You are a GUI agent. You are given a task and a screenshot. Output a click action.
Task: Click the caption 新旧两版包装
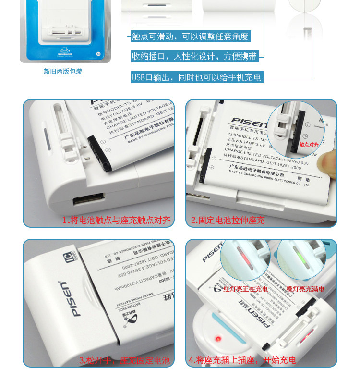point(63,72)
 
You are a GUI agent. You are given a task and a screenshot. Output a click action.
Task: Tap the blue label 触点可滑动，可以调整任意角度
point(191,37)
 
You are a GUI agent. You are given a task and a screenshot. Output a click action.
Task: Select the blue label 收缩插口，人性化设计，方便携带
point(194,57)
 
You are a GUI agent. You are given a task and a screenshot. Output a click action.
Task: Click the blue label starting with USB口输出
point(197,77)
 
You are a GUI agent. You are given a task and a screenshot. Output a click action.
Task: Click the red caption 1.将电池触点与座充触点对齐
point(117,221)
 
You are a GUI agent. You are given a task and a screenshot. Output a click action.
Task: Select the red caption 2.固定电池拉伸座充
point(228,221)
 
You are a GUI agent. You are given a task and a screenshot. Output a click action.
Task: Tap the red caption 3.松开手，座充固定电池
point(124,360)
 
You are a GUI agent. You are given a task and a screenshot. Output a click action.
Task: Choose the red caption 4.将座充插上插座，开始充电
point(242,360)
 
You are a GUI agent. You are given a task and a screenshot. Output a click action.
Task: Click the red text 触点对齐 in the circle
point(309,144)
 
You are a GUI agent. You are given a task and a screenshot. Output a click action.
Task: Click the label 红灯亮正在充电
point(246,289)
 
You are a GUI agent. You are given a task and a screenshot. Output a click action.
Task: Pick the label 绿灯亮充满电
point(305,289)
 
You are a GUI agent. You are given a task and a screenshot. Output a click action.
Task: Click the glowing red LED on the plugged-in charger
point(217,339)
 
